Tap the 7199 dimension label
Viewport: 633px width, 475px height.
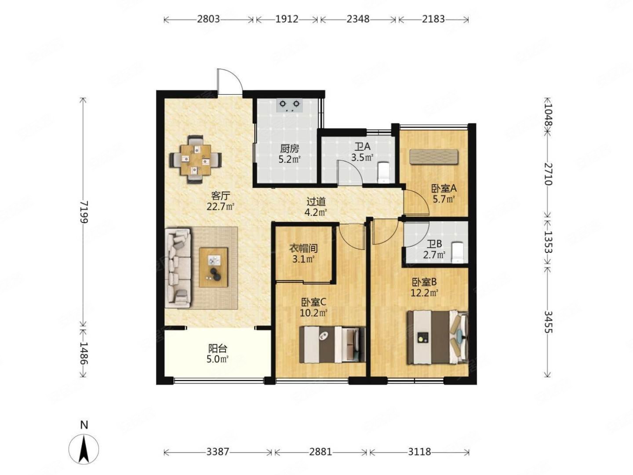(84, 212)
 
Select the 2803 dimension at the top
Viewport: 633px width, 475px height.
(208, 19)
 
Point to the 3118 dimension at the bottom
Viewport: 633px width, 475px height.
(419, 452)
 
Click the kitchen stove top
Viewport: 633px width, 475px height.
(289, 105)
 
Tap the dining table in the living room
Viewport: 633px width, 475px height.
(195, 160)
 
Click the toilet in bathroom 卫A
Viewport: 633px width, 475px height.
(383, 172)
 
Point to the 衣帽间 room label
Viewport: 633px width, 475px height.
(303, 248)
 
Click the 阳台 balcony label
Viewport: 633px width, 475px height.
(218, 349)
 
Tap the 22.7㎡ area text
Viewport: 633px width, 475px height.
(220, 207)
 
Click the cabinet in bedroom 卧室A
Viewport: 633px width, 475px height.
(433, 157)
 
